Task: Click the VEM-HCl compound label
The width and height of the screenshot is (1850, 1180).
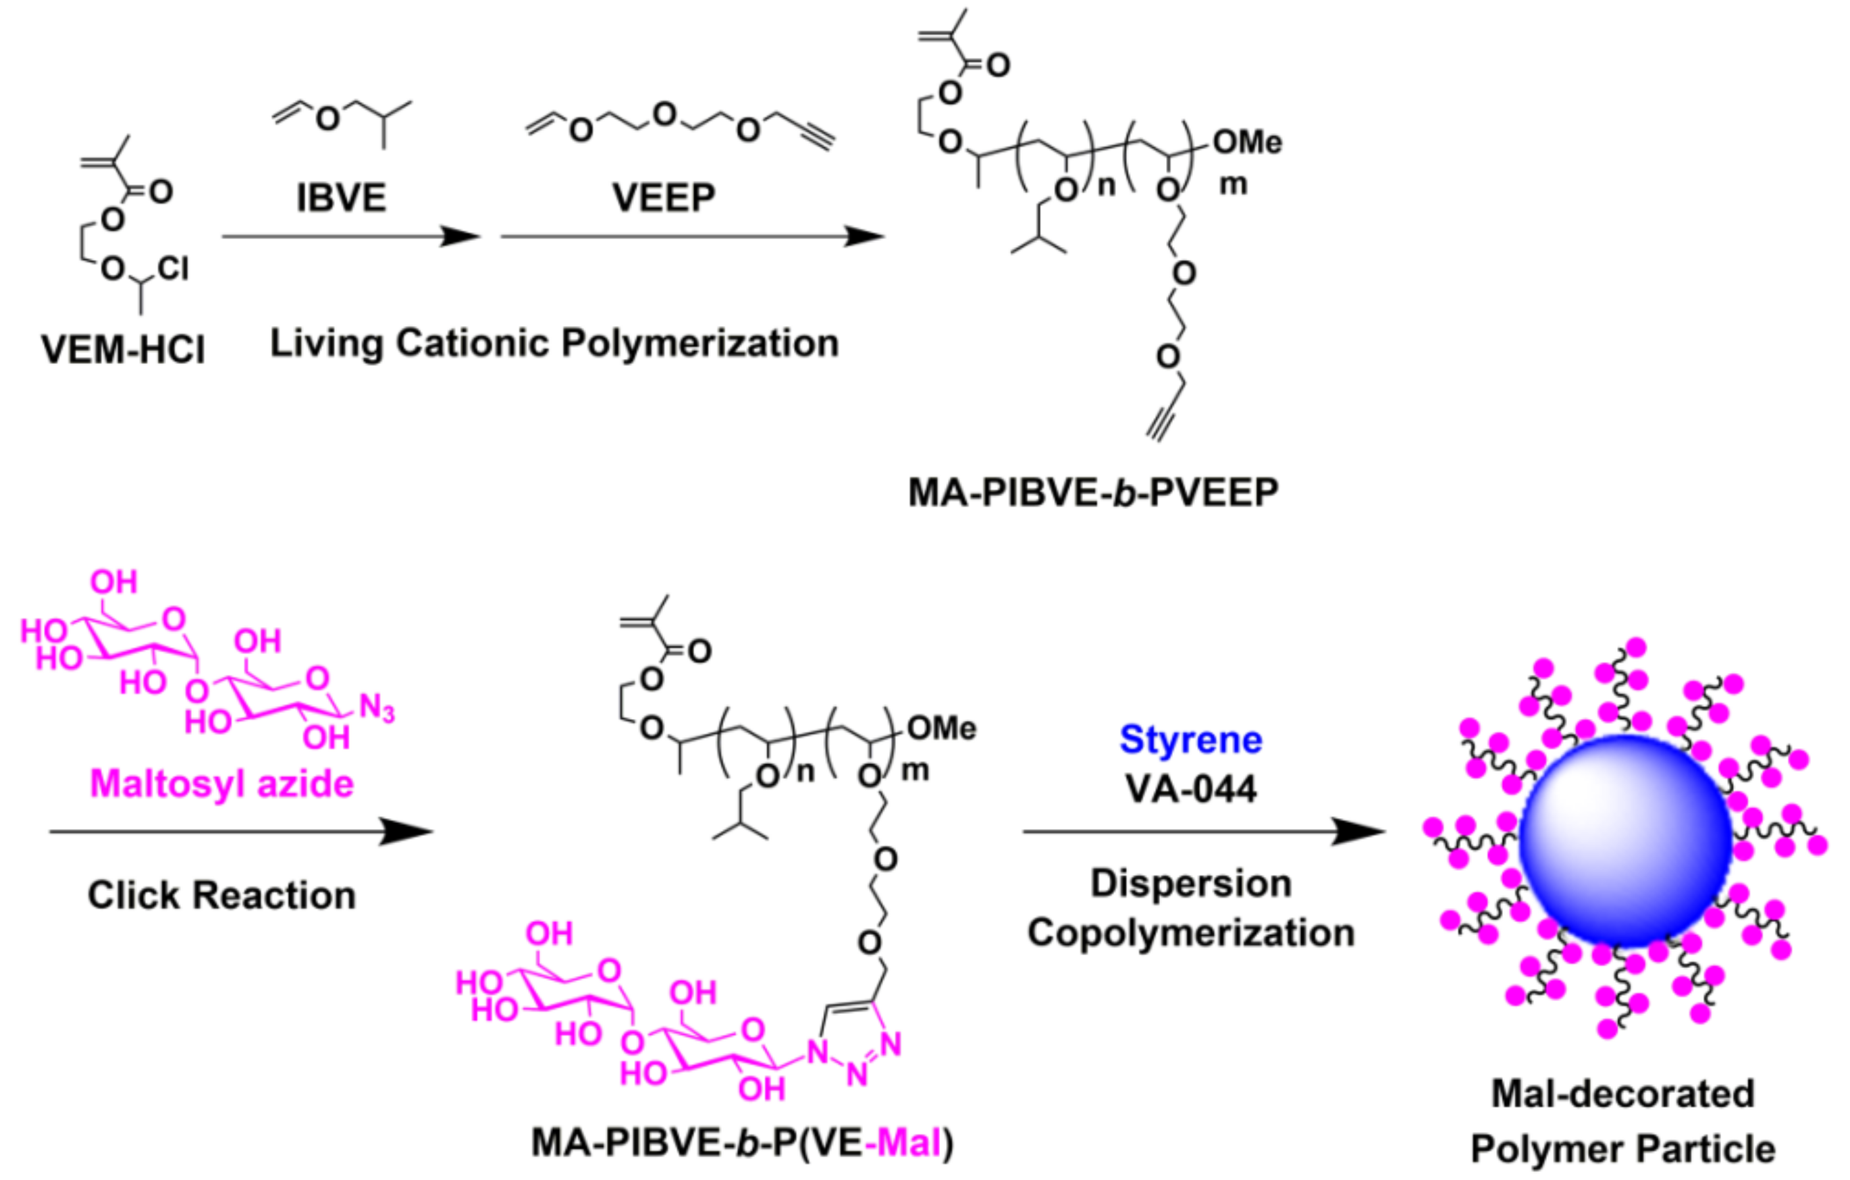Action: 123,350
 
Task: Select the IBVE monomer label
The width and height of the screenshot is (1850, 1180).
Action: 341,198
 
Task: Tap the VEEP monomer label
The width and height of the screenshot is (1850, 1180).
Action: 664,198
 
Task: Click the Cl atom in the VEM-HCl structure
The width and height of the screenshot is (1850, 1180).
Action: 173,268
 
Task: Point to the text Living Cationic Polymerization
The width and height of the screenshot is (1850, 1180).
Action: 554,343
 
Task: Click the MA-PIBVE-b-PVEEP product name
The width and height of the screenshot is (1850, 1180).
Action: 1093,492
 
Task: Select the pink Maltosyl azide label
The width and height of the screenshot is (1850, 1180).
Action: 221,784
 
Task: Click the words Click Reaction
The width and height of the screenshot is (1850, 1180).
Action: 221,895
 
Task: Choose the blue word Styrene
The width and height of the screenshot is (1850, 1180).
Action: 1191,740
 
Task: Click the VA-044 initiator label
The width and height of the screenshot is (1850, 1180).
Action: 1191,788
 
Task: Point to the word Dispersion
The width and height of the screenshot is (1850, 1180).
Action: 1191,884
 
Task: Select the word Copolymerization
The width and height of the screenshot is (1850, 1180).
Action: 1191,933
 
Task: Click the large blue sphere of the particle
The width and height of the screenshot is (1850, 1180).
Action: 1626,840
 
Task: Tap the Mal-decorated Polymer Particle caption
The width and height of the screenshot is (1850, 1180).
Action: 1622,1122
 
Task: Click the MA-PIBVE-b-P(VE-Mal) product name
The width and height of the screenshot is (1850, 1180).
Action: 742,1143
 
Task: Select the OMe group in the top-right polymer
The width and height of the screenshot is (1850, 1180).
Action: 1247,142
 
